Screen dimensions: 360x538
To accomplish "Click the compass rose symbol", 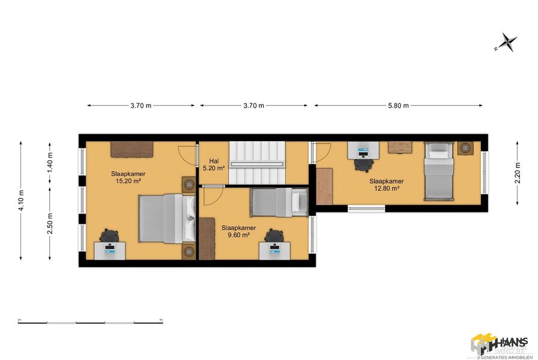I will click(508, 42).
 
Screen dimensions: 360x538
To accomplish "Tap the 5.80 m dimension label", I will click(397, 106).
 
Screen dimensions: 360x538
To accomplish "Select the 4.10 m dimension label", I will click(22, 201).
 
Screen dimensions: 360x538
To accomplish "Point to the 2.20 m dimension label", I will click(518, 173).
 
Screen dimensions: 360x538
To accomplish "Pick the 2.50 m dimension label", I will click(50, 226).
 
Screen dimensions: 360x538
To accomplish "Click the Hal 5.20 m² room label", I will click(214, 165).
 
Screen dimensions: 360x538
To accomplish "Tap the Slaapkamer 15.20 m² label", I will click(128, 177).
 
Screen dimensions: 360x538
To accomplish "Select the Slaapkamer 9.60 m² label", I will click(238, 231).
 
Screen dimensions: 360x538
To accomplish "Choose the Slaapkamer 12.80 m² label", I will click(386, 184).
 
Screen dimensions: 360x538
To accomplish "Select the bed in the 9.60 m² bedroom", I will click(279, 202).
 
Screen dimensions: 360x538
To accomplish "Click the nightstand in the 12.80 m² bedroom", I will click(465, 148).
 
